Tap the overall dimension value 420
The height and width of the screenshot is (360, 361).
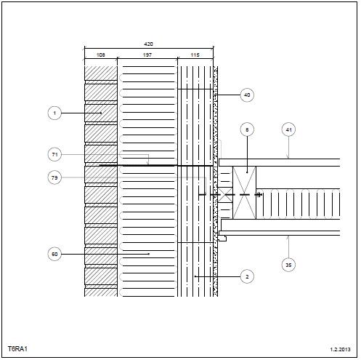point(148,44)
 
